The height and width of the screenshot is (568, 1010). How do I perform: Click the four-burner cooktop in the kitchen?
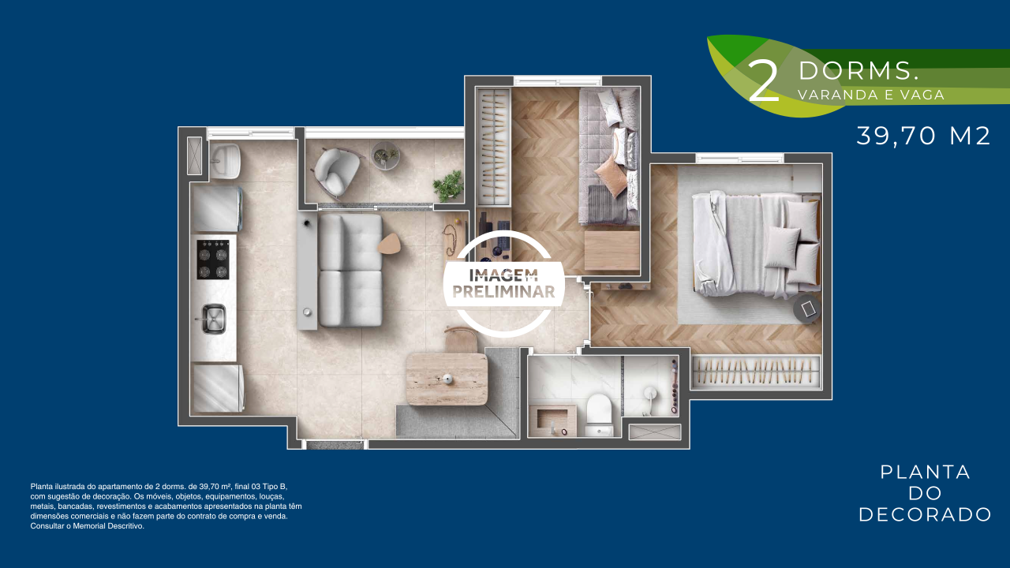click(213, 260)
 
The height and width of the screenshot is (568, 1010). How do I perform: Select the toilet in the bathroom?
click(600, 415)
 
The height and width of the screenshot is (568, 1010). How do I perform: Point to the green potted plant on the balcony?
click(448, 186)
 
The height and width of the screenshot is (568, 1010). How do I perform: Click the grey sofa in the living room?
click(350, 270)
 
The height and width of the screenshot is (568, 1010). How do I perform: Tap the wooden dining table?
click(447, 379)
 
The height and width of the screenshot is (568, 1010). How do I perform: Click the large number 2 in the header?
click(763, 82)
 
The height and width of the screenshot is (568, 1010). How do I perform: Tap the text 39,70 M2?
click(923, 136)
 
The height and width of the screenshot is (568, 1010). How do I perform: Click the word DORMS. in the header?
click(858, 71)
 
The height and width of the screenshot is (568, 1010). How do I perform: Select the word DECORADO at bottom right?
click(925, 515)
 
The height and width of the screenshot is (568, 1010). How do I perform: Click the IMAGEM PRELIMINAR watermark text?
click(503, 284)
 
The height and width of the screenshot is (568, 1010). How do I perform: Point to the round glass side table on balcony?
click(386, 155)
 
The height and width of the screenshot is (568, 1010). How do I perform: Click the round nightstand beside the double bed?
click(807, 309)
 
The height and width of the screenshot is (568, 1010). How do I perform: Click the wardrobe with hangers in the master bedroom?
click(756, 372)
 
